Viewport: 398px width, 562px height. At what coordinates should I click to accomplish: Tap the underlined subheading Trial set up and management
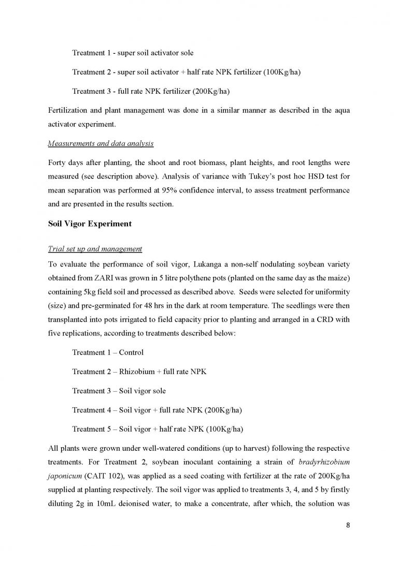95,249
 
